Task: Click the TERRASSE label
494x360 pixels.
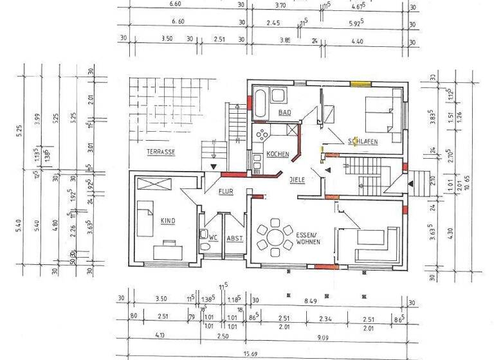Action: pos(161,152)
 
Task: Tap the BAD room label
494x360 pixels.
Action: pos(284,113)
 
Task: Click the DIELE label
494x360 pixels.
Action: pos(297,180)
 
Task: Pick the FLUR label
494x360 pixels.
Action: pos(225,192)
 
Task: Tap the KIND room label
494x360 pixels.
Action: pos(168,221)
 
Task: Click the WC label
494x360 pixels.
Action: pos(214,238)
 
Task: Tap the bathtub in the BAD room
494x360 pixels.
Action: pos(260,104)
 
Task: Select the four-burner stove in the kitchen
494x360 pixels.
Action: pos(262,134)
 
